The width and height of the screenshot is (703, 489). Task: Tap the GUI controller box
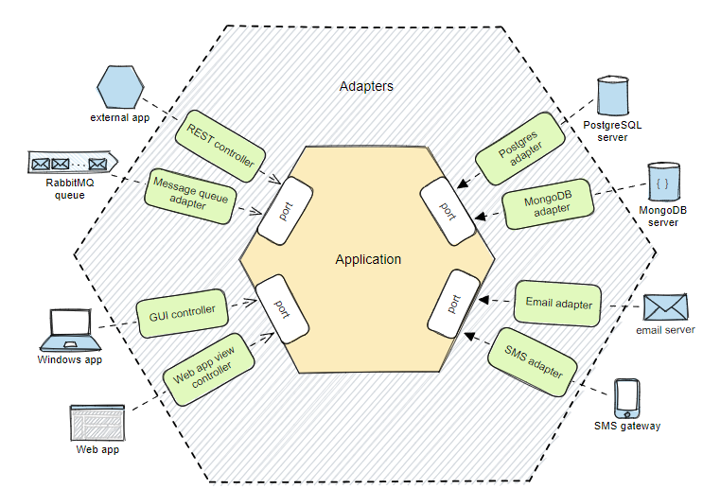pos(183,311)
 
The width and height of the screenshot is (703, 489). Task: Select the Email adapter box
pos(558,304)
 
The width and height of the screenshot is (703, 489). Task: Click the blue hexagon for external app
pos(122,89)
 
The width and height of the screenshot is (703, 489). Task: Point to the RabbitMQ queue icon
pos(71,166)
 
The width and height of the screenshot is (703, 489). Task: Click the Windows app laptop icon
pos(67,328)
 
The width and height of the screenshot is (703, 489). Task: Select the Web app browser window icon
pos(97,422)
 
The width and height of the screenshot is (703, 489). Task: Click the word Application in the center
pos(368,259)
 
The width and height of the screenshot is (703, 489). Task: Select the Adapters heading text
pos(366,86)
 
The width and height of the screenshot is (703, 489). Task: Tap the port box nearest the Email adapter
pos(452,303)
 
